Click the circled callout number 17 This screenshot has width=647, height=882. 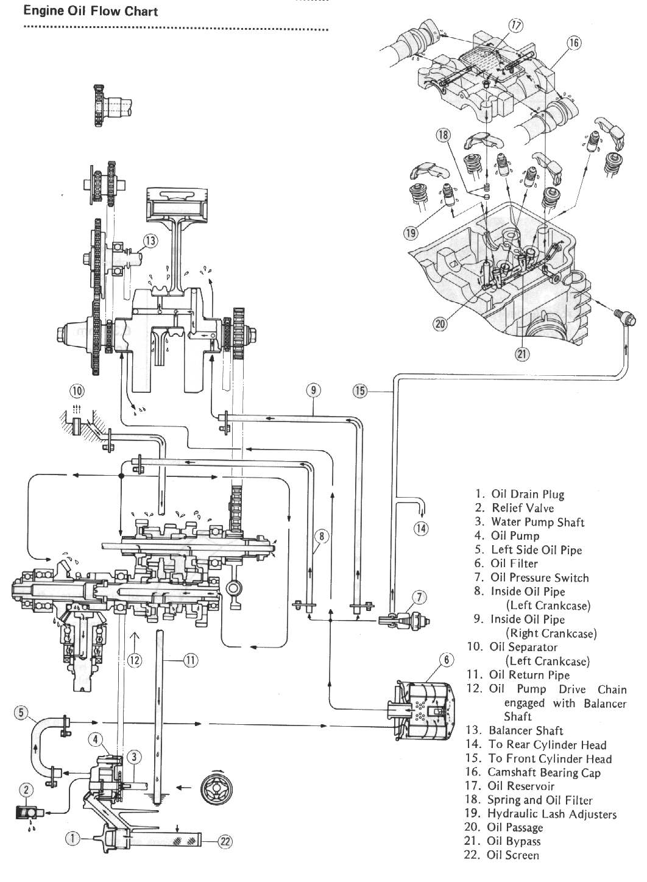pyautogui.click(x=516, y=26)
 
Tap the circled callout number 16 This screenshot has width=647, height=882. pyautogui.click(x=573, y=43)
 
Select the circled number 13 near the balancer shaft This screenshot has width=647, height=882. pyautogui.click(x=150, y=241)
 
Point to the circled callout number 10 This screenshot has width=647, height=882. pyautogui.click(x=77, y=390)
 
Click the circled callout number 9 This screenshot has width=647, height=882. pyautogui.click(x=313, y=390)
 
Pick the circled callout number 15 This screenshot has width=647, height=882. pyautogui.click(x=360, y=390)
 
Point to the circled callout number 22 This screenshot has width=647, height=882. pyautogui.click(x=225, y=841)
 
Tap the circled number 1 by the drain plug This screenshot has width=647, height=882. pyautogui.click(x=72, y=839)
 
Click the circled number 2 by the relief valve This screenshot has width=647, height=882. pyautogui.click(x=26, y=791)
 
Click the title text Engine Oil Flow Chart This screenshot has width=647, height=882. pyautogui.click(x=90, y=11)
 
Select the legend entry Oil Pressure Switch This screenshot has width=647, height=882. pyautogui.click(x=539, y=577)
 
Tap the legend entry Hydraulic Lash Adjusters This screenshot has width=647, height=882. pyautogui.click(x=551, y=814)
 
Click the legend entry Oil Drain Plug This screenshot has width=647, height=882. pyautogui.click(x=527, y=494)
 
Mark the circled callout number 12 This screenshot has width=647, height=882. pyautogui.click(x=135, y=659)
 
